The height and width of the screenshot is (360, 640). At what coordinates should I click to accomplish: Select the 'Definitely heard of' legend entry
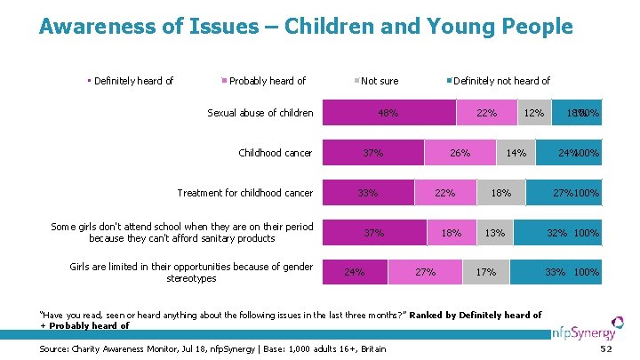click(132, 81)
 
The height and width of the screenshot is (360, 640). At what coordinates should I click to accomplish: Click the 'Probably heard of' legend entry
click(267, 81)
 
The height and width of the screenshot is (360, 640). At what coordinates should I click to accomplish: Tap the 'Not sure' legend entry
click(380, 81)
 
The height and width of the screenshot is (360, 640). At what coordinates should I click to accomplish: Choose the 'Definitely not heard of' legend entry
click(501, 81)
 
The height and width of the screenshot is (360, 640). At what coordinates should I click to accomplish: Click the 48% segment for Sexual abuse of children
click(388, 113)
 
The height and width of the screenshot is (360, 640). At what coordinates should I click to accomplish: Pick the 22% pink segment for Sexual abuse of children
click(486, 113)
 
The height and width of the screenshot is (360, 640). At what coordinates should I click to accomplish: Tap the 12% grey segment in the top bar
click(533, 113)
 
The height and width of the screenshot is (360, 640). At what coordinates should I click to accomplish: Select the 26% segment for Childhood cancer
click(460, 153)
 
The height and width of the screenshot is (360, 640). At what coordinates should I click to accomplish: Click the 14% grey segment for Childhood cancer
click(516, 153)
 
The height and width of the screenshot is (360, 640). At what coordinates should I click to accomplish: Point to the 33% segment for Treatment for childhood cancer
click(368, 193)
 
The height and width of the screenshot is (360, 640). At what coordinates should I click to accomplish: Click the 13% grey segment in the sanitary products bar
click(495, 233)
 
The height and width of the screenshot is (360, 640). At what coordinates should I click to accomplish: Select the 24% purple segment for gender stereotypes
click(355, 272)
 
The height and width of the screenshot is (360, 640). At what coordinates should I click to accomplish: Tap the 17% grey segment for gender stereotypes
click(486, 272)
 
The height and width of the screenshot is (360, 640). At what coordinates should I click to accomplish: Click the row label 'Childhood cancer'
click(275, 153)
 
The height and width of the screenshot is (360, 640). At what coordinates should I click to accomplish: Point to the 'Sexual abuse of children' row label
click(260, 113)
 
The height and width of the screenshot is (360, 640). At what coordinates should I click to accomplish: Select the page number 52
click(607, 349)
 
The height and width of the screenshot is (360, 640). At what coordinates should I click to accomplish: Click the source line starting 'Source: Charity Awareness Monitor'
click(213, 348)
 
